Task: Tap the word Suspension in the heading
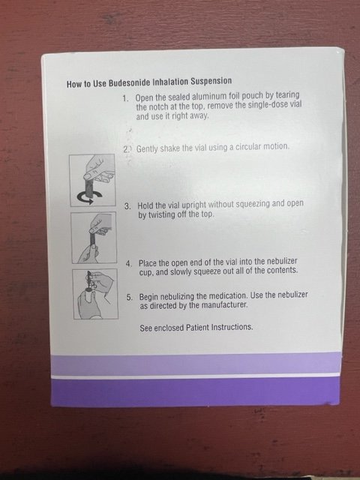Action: click(211, 81)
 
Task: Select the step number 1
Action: click(125, 98)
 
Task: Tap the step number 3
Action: click(127, 206)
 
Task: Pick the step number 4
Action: click(129, 263)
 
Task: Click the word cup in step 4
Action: click(145, 272)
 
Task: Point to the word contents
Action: click(282, 271)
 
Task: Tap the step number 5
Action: click(130, 297)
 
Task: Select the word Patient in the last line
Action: click(198, 328)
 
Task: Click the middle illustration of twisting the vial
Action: click(94, 238)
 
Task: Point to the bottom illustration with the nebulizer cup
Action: click(95, 294)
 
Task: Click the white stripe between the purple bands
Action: click(196, 376)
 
